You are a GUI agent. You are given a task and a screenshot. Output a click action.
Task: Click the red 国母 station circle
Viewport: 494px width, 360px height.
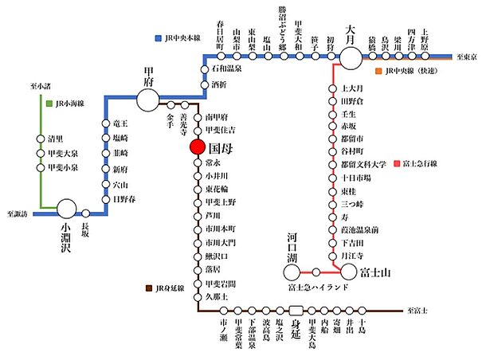[x=198, y=147]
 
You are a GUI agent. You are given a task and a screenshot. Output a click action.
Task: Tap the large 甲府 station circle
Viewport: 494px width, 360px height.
[x=147, y=100]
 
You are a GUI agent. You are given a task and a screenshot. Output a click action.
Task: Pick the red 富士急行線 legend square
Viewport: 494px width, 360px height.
[x=396, y=164]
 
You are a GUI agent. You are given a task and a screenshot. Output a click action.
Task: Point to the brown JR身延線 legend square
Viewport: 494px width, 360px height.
[x=149, y=288]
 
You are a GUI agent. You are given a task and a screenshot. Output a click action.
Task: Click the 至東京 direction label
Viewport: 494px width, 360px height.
[x=471, y=57]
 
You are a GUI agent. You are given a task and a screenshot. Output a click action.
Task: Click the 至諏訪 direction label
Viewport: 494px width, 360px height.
[x=17, y=214]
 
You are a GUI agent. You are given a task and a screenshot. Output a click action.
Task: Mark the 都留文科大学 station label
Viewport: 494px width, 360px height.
[x=364, y=164]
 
